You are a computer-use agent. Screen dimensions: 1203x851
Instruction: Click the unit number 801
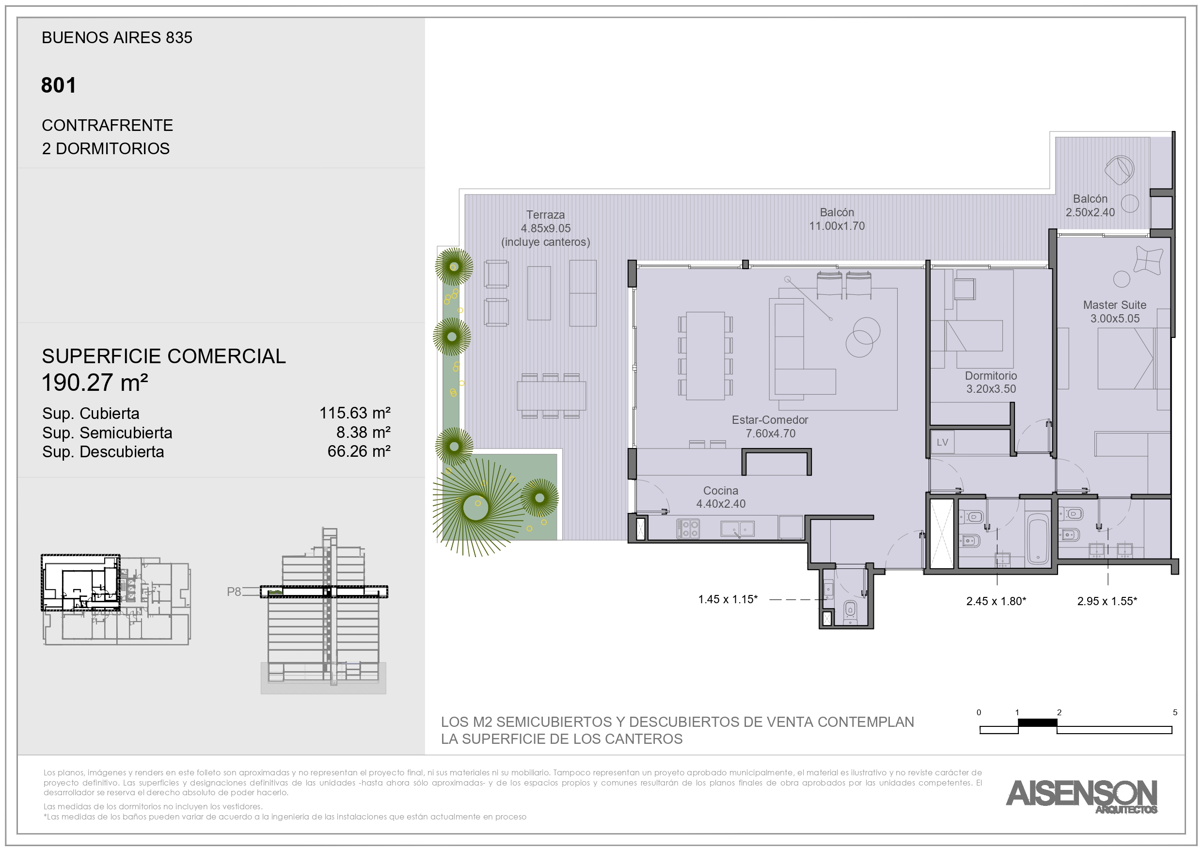tap(59, 85)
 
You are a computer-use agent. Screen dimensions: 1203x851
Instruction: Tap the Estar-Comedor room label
tap(770, 420)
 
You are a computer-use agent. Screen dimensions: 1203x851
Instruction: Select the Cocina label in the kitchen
tap(720, 491)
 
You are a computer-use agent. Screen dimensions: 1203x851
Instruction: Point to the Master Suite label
tap(1114, 305)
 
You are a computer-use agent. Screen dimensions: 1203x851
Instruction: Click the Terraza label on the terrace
tap(545, 215)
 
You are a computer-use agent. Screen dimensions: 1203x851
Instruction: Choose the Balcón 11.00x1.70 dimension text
tap(837, 226)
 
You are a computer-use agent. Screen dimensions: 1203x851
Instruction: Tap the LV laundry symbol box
tap(942, 442)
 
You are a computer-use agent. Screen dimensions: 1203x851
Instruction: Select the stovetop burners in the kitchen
tap(688, 529)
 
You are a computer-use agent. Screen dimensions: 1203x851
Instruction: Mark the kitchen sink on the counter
tap(737, 529)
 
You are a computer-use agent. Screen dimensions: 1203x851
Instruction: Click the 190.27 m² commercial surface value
tap(95, 383)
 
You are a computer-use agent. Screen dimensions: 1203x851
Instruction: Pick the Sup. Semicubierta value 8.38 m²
tap(364, 433)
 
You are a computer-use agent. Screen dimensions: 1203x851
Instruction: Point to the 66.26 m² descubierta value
tap(359, 451)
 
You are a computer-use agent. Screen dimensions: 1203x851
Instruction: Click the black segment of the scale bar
tap(1037, 723)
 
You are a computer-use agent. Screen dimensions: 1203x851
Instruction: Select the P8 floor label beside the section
tap(234, 592)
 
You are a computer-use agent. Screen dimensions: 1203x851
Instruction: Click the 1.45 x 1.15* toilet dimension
tap(728, 599)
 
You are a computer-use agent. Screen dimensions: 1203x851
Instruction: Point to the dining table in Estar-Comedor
tap(705, 356)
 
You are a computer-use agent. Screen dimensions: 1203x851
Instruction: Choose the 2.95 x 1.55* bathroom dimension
tap(1107, 601)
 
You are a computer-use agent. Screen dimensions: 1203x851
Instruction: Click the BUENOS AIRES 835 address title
tap(117, 38)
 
